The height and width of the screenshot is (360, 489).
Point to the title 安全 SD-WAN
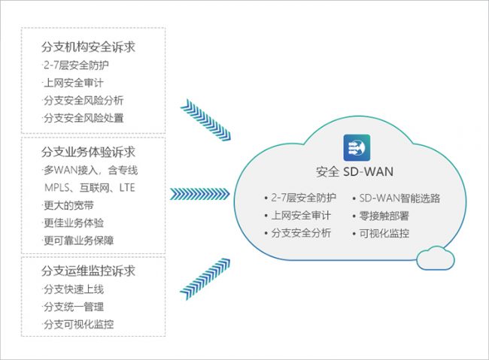(x=354, y=171)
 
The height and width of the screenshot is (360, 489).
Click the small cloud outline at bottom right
(x=435, y=258)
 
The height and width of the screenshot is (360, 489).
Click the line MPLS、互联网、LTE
(x=89, y=187)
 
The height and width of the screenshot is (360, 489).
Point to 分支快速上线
(x=73, y=289)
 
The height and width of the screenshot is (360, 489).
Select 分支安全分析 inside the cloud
(x=300, y=233)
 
